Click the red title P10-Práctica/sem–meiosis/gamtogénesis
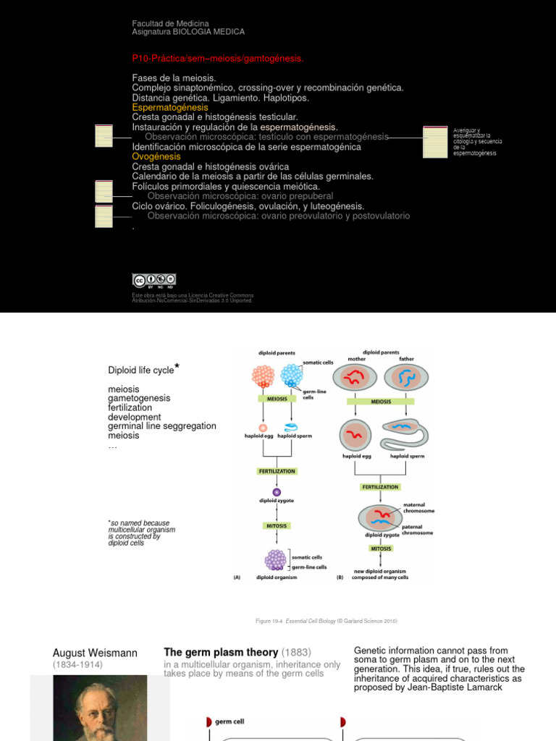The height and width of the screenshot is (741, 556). point(218,58)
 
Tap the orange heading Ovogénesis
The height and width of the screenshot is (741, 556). point(156,156)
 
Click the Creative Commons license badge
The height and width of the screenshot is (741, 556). point(153,281)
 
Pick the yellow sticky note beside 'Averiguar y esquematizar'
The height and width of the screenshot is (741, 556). point(435,142)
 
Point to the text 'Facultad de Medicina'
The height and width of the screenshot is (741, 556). point(170,23)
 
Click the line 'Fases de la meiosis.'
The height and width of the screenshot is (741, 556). point(174,77)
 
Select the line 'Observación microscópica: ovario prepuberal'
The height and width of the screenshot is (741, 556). point(240,196)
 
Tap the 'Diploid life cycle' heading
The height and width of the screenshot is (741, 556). point(141,370)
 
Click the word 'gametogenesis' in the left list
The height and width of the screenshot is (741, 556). point(139,399)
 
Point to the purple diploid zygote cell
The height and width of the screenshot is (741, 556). point(277,492)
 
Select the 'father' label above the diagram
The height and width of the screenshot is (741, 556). point(406,357)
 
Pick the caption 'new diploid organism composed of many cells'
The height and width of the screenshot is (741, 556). point(381,575)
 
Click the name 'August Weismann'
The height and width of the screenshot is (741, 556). point(95,653)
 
